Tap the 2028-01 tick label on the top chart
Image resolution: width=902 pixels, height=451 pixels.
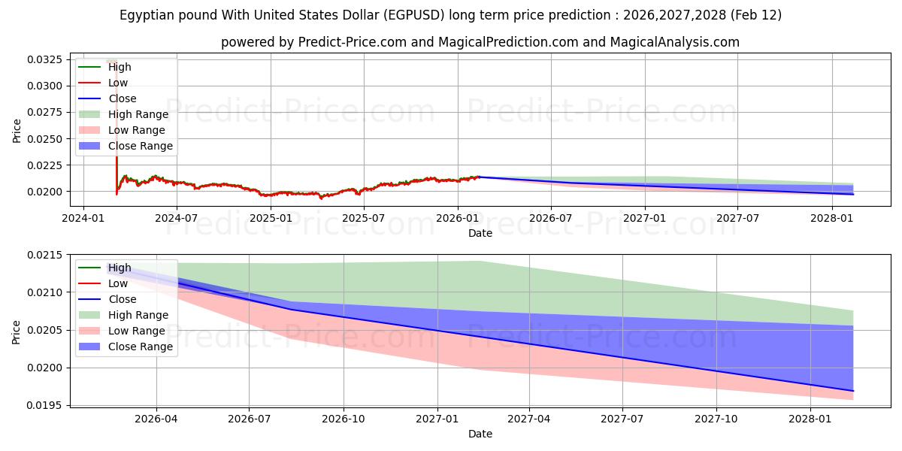[x=831, y=218]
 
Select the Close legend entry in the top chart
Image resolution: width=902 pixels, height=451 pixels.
[x=123, y=98]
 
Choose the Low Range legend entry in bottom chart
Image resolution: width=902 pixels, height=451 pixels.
[x=137, y=331]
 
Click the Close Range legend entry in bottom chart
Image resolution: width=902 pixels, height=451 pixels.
[x=141, y=347]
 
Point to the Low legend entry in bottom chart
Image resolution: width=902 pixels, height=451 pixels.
[x=118, y=283]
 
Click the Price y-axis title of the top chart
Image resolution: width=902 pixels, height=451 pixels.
[x=17, y=130]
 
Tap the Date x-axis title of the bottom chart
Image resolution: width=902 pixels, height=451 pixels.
[x=480, y=434]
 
